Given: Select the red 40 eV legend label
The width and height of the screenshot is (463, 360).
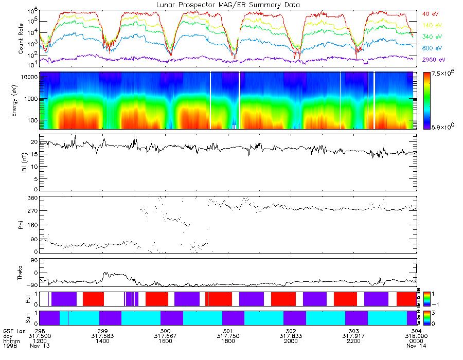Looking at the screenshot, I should coord(431,13).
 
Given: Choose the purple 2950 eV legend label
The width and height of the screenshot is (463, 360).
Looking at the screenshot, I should coord(432,60).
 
